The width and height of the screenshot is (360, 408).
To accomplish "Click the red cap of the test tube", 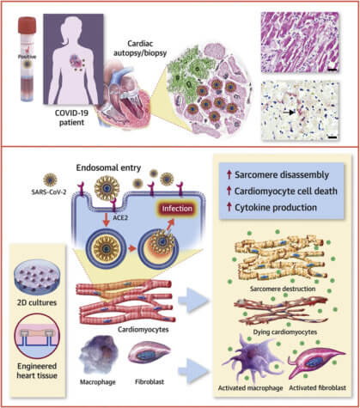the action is click(27, 25).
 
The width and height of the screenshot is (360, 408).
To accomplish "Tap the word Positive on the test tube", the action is click(27, 57).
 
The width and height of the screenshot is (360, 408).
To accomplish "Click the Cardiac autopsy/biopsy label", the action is click(140, 48).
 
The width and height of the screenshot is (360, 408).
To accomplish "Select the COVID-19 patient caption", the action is click(71, 118).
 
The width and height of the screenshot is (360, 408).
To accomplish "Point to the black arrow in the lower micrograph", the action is click(289, 113).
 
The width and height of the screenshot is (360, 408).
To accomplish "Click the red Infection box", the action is click(177, 209).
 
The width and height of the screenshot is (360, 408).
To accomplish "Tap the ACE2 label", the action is click(120, 217).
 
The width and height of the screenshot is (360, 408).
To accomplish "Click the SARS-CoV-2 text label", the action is click(49, 192).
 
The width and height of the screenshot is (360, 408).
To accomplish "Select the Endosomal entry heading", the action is click(108, 167).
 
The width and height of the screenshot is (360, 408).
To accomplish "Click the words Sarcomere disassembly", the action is click(282, 174).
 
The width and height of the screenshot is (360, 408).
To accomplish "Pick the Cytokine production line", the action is click(276, 208).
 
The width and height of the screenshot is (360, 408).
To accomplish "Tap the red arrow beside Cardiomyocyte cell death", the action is click(229, 191).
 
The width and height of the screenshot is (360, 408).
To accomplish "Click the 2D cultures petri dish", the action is click(37, 277).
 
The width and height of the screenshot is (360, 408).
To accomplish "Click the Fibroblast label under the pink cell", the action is click(149, 382).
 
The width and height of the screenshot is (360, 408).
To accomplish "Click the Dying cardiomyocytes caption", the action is click(285, 332).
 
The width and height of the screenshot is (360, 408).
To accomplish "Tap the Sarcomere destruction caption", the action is click(283, 289).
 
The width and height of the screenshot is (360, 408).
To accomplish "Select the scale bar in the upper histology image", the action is click(332, 70).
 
